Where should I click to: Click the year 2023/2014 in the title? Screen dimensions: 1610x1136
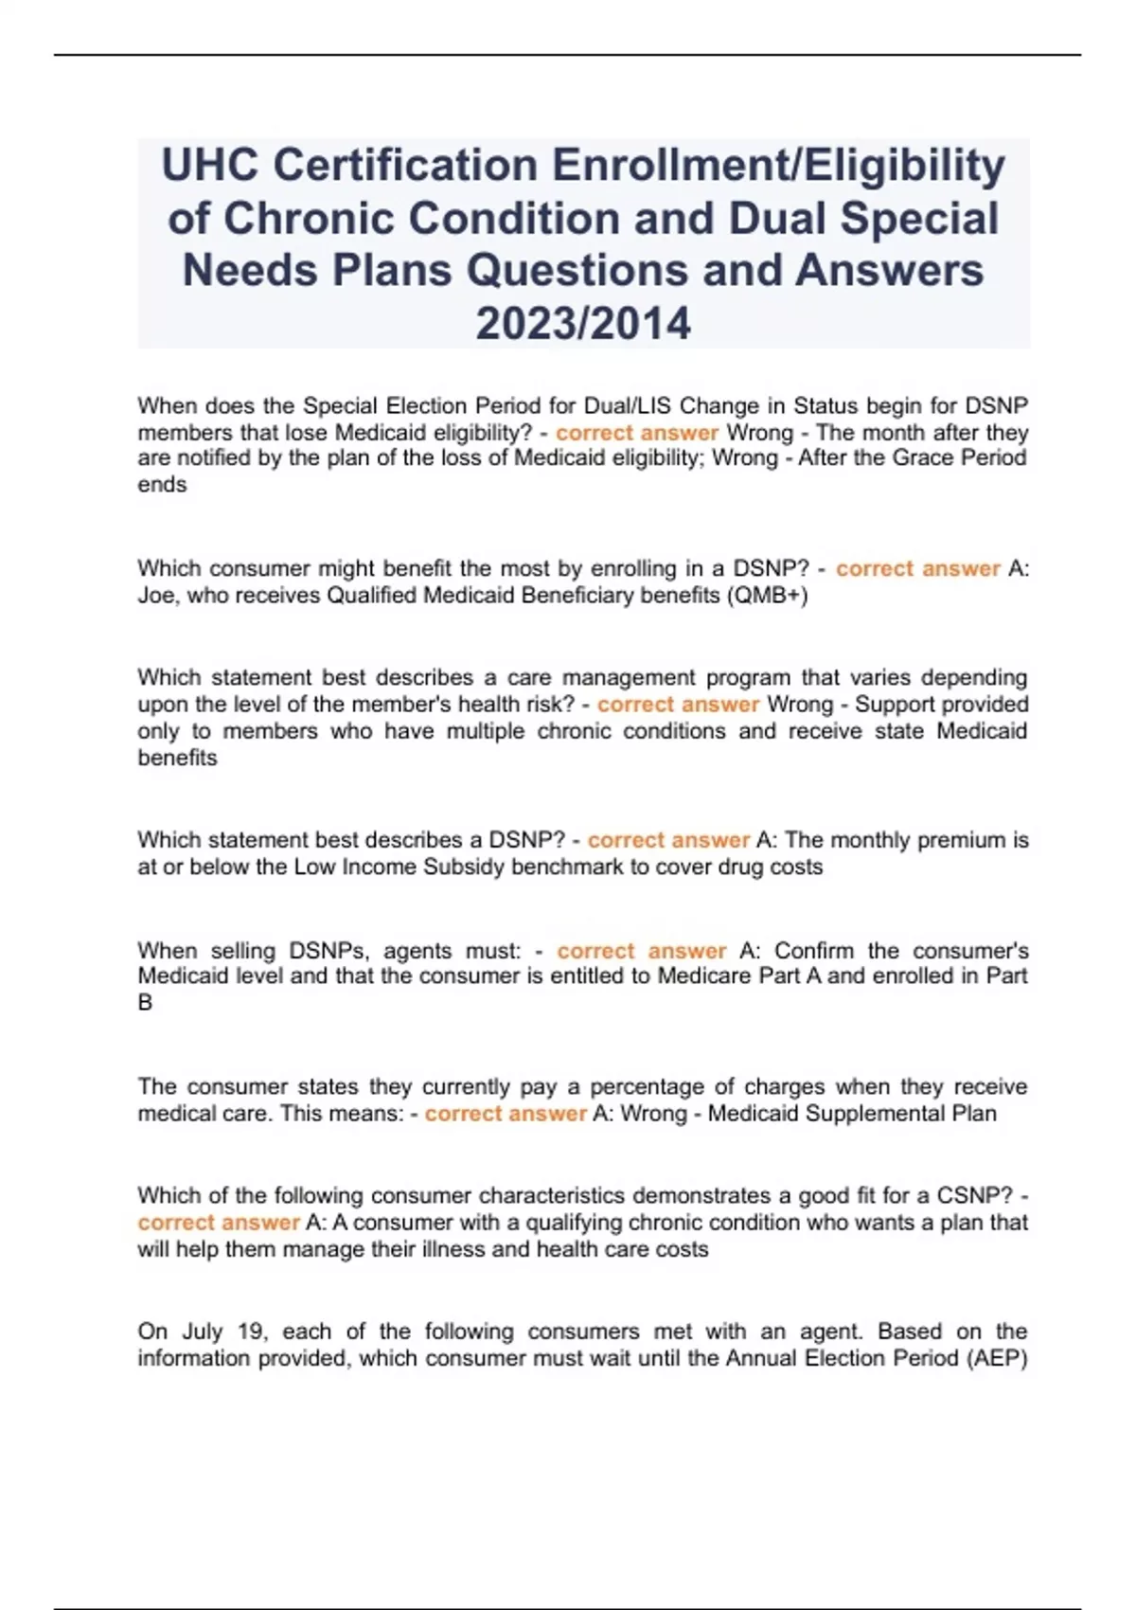583,323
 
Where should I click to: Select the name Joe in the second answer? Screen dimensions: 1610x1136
157,596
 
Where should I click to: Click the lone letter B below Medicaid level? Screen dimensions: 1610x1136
145,1003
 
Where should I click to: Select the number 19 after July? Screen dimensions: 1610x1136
251,1332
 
